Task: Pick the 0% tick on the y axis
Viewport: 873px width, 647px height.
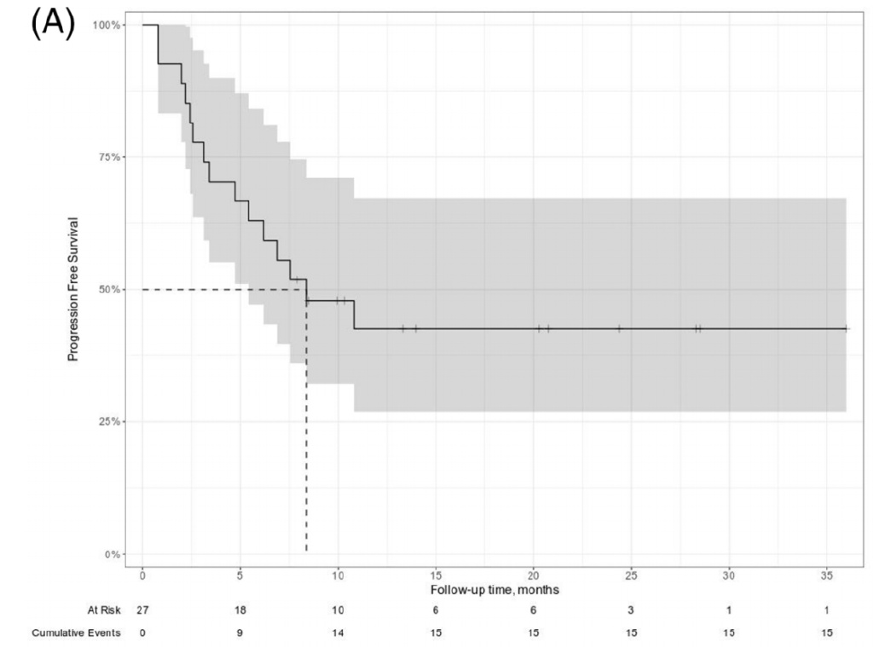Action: click(x=111, y=554)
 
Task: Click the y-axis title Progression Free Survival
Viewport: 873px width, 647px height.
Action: click(x=73, y=289)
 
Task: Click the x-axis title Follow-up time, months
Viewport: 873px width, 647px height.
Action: click(x=494, y=590)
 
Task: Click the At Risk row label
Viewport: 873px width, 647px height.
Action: click(x=103, y=611)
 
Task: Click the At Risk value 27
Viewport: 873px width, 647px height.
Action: click(x=142, y=611)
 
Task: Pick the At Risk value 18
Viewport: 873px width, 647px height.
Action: click(x=240, y=611)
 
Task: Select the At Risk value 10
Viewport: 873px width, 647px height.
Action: click(x=338, y=611)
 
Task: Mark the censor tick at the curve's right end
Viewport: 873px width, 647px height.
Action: click(x=845, y=328)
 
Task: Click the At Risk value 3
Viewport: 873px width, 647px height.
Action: click(x=631, y=611)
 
